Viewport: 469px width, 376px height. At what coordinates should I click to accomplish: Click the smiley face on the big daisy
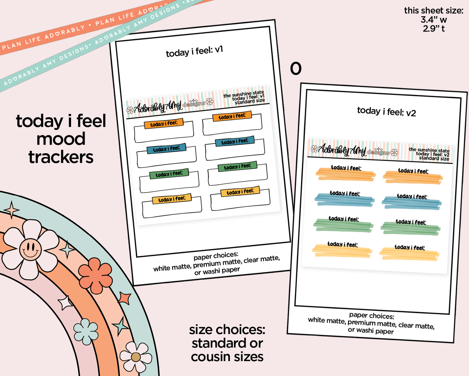point(30,249)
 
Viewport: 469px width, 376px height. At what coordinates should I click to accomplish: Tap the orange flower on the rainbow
point(95,275)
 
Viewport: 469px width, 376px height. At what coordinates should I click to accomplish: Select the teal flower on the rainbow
point(86,331)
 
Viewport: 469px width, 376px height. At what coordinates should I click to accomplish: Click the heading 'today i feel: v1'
point(194,51)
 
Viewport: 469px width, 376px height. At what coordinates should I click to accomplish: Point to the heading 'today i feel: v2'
point(386,112)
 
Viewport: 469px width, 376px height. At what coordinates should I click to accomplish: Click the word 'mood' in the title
point(61,139)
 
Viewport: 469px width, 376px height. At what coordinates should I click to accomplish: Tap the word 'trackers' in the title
point(61,157)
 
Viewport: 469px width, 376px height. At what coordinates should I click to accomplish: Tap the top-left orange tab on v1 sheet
point(164,124)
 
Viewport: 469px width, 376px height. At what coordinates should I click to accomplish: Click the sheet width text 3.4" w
point(434,20)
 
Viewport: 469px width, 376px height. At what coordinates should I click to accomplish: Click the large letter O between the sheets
point(296,69)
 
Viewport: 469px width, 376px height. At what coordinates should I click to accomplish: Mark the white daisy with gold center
point(136,357)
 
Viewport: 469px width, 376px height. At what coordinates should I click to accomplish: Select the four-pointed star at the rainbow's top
point(12,210)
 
